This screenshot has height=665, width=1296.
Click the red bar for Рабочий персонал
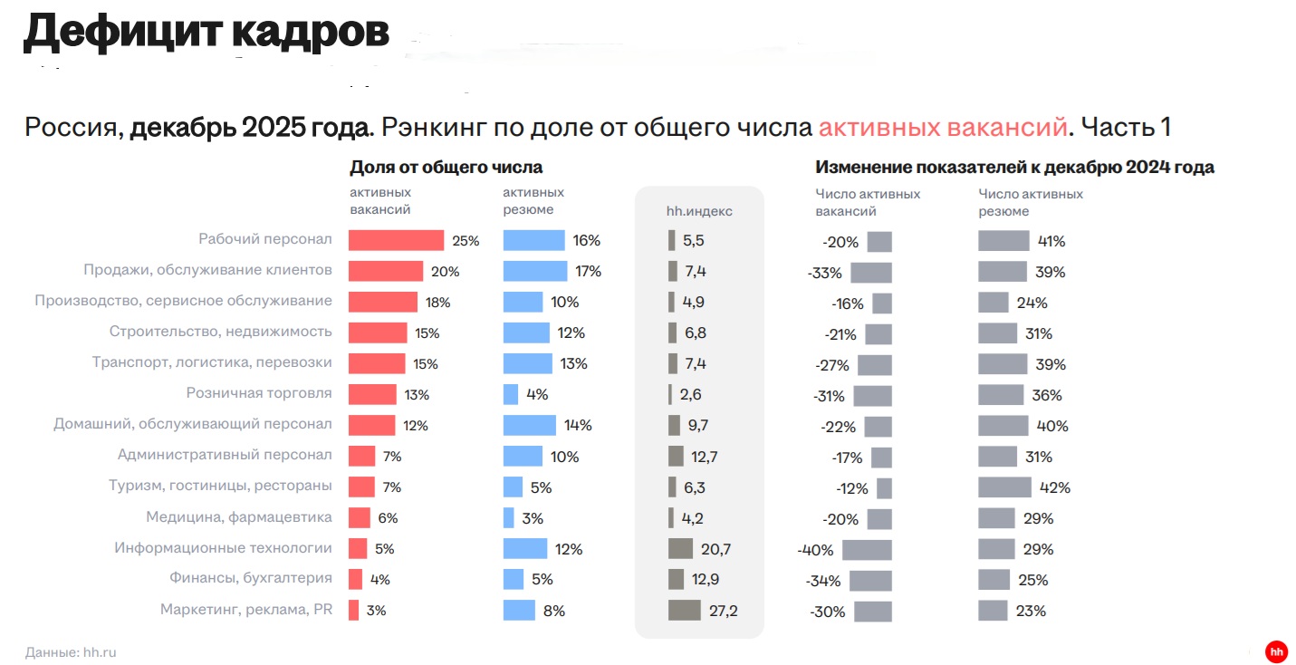point(396,240)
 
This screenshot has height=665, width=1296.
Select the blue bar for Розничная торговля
point(511,394)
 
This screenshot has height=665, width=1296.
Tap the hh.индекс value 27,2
point(723,611)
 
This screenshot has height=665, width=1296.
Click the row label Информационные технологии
point(223,548)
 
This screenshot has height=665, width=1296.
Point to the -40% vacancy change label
point(815,550)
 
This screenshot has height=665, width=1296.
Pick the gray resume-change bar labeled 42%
point(1004,487)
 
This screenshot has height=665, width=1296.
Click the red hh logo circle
point(1277,651)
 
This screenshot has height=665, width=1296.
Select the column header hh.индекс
point(699,211)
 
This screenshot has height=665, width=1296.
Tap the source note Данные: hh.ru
point(71,652)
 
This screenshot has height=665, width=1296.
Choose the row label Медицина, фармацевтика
point(239,517)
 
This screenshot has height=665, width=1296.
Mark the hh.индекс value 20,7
point(715,549)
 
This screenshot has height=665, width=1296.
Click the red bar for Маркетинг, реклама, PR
point(354,610)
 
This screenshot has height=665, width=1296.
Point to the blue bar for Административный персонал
point(523,456)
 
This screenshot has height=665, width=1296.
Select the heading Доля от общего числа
point(446,168)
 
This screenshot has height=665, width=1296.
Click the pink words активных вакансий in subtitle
point(943,127)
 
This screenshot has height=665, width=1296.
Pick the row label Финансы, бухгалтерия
point(251,578)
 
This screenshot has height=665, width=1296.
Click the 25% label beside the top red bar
point(466,241)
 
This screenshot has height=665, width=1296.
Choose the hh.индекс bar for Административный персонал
point(676,456)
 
